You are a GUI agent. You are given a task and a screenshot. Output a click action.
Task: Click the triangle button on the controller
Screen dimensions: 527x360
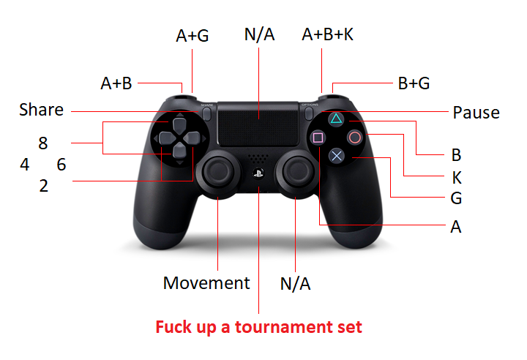point(335,119)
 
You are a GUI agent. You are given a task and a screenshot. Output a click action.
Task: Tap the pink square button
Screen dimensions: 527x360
point(318,137)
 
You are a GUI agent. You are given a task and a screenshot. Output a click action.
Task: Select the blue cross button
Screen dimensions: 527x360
point(336,155)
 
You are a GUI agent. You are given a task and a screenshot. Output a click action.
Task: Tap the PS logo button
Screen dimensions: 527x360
point(258,173)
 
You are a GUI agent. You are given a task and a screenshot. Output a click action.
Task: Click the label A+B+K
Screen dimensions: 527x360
point(327,35)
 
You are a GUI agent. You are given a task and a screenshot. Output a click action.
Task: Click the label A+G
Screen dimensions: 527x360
point(193,36)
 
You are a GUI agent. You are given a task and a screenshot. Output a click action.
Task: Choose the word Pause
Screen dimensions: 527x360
point(476,113)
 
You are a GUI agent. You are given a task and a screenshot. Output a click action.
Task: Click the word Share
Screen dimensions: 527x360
point(41,110)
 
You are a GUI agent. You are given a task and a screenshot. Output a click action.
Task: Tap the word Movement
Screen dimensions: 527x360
point(206,283)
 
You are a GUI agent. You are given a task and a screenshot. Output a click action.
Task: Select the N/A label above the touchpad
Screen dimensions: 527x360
point(258,35)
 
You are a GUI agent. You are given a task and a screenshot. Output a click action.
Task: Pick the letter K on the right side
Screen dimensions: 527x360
point(457,177)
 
